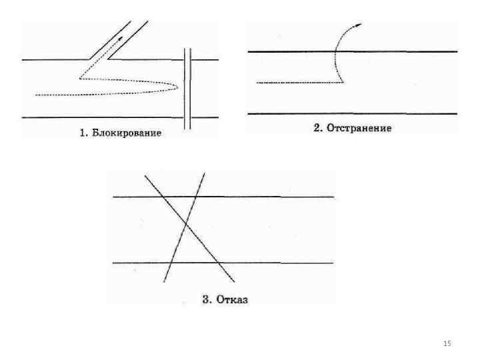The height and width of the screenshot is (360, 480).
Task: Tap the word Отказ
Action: tap(232, 299)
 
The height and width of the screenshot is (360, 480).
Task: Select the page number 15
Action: tap(447, 343)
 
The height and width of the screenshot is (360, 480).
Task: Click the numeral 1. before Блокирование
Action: tap(84, 133)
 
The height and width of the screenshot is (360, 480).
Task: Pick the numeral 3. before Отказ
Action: tap(207, 299)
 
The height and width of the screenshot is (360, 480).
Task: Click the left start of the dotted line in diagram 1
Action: tap(37, 95)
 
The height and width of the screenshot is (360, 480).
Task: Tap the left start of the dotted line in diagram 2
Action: tap(258, 82)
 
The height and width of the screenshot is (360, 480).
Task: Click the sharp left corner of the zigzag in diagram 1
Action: tap(79, 79)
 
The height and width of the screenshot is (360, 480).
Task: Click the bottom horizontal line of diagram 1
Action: tap(100, 118)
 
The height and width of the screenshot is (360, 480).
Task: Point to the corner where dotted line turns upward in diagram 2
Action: tap(342, 82)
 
